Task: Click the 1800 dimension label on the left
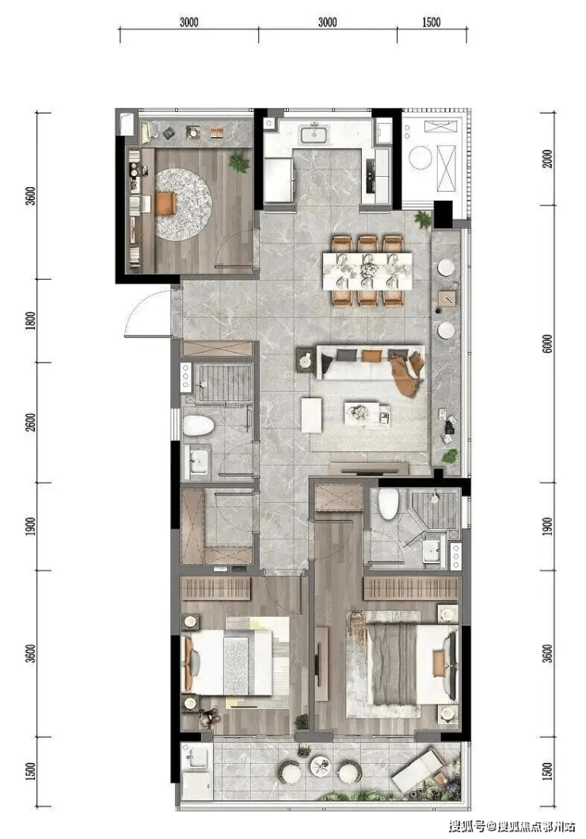point(31,320)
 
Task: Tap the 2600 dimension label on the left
point(31,423)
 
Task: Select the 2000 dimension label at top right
point(547,159)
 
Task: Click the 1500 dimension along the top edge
point(431,22)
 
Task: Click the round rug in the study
point(183,204)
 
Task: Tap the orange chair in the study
point(166,203)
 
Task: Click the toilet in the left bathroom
point(199,426)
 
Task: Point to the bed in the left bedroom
point(235,662)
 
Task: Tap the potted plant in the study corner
point(239,162)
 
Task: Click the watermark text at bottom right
point(512,826)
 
